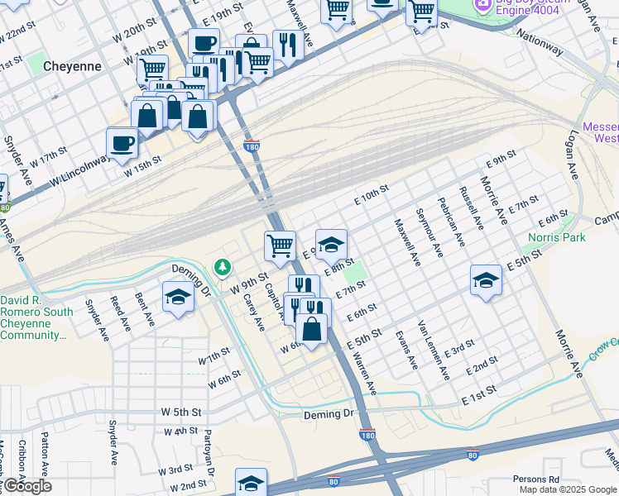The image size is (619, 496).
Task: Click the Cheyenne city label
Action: pos(73,65)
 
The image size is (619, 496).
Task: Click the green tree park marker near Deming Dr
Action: pos(222,267)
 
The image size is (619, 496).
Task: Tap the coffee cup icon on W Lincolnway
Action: pos(122,143)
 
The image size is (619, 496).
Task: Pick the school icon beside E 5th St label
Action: pos(486,279)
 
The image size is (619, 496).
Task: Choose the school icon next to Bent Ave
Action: pos(178,297)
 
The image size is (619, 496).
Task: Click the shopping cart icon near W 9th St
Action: pos(280,245)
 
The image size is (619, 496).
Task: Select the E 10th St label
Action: pos(372,195)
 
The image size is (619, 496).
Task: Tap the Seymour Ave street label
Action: pos(430,233)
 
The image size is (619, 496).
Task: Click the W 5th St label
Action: pos(183,411)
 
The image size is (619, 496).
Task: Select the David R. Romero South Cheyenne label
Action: pos(38,317)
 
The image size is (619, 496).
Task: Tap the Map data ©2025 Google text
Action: pos(568,489)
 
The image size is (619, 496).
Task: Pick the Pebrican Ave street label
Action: pos(453,221)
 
